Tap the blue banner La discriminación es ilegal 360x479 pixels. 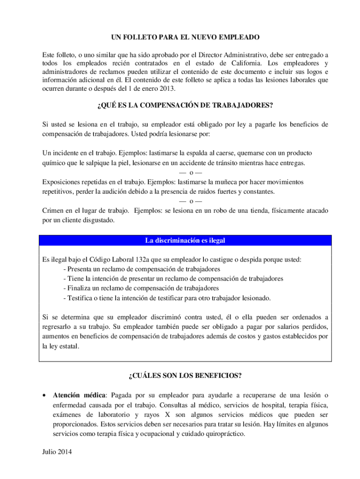point(185,240)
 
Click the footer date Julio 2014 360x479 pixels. point(58,452)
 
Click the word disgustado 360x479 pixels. point(97,220)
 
